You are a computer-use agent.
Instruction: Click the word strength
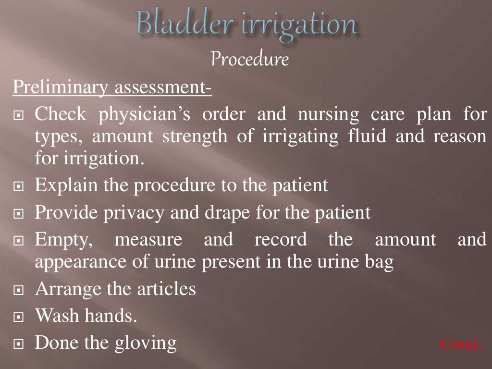[x=197, y=136]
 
